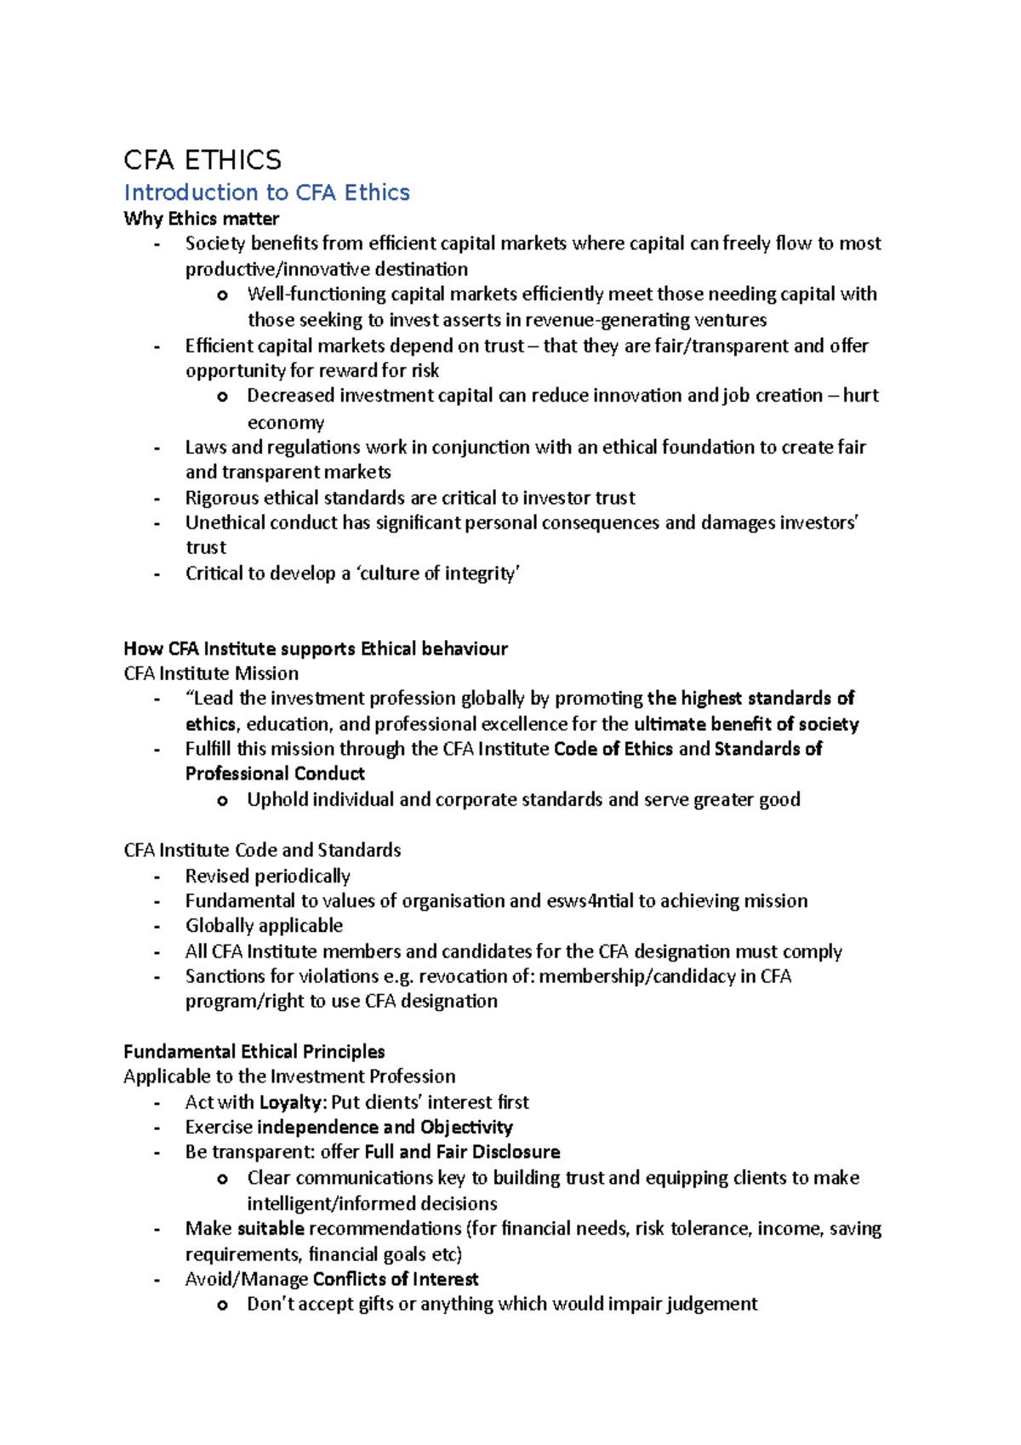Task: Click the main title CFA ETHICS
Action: click(x=202, y=160)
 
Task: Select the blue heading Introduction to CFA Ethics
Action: click(x=266, y=193)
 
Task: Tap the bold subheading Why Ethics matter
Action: click(x=201, y=219)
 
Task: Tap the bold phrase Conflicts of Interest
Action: click(x=395, y=1279)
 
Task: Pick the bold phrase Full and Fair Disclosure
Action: click(x=462, y=1152)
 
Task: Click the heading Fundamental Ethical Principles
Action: click(x=254, y=1052)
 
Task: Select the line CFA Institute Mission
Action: click(x=211, y=674)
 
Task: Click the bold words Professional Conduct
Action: click(x=275, y=774)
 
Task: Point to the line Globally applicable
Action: click(x=264, y=926)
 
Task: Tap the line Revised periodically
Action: click(x=267, y=877)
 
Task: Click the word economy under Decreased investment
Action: click(x=285, y=423)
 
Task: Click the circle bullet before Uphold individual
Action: click(x=222, y=800)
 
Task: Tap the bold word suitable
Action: click(x=271, y=1229)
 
